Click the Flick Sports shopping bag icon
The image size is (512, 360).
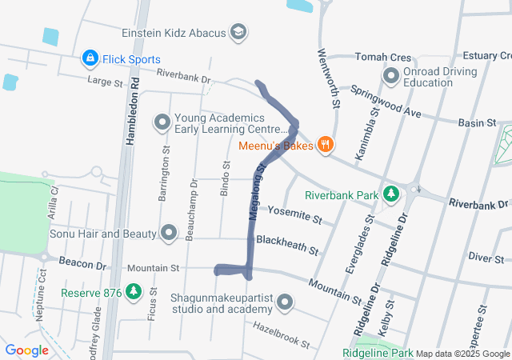click(90, 59)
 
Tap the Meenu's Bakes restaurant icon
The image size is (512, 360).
click(325, 145)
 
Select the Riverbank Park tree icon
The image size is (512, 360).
click(391, 194)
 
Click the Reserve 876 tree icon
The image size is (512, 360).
click(134, 293)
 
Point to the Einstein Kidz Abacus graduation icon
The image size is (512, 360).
click(238, 33)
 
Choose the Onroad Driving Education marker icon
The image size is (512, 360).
click(391, 77)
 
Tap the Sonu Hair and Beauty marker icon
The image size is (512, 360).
click(169, 234)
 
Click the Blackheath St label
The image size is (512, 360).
click(286, 243)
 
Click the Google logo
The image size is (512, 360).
click(26, 350)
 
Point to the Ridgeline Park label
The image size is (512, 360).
click(378, 354)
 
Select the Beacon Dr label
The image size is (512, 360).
click(82, 264)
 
